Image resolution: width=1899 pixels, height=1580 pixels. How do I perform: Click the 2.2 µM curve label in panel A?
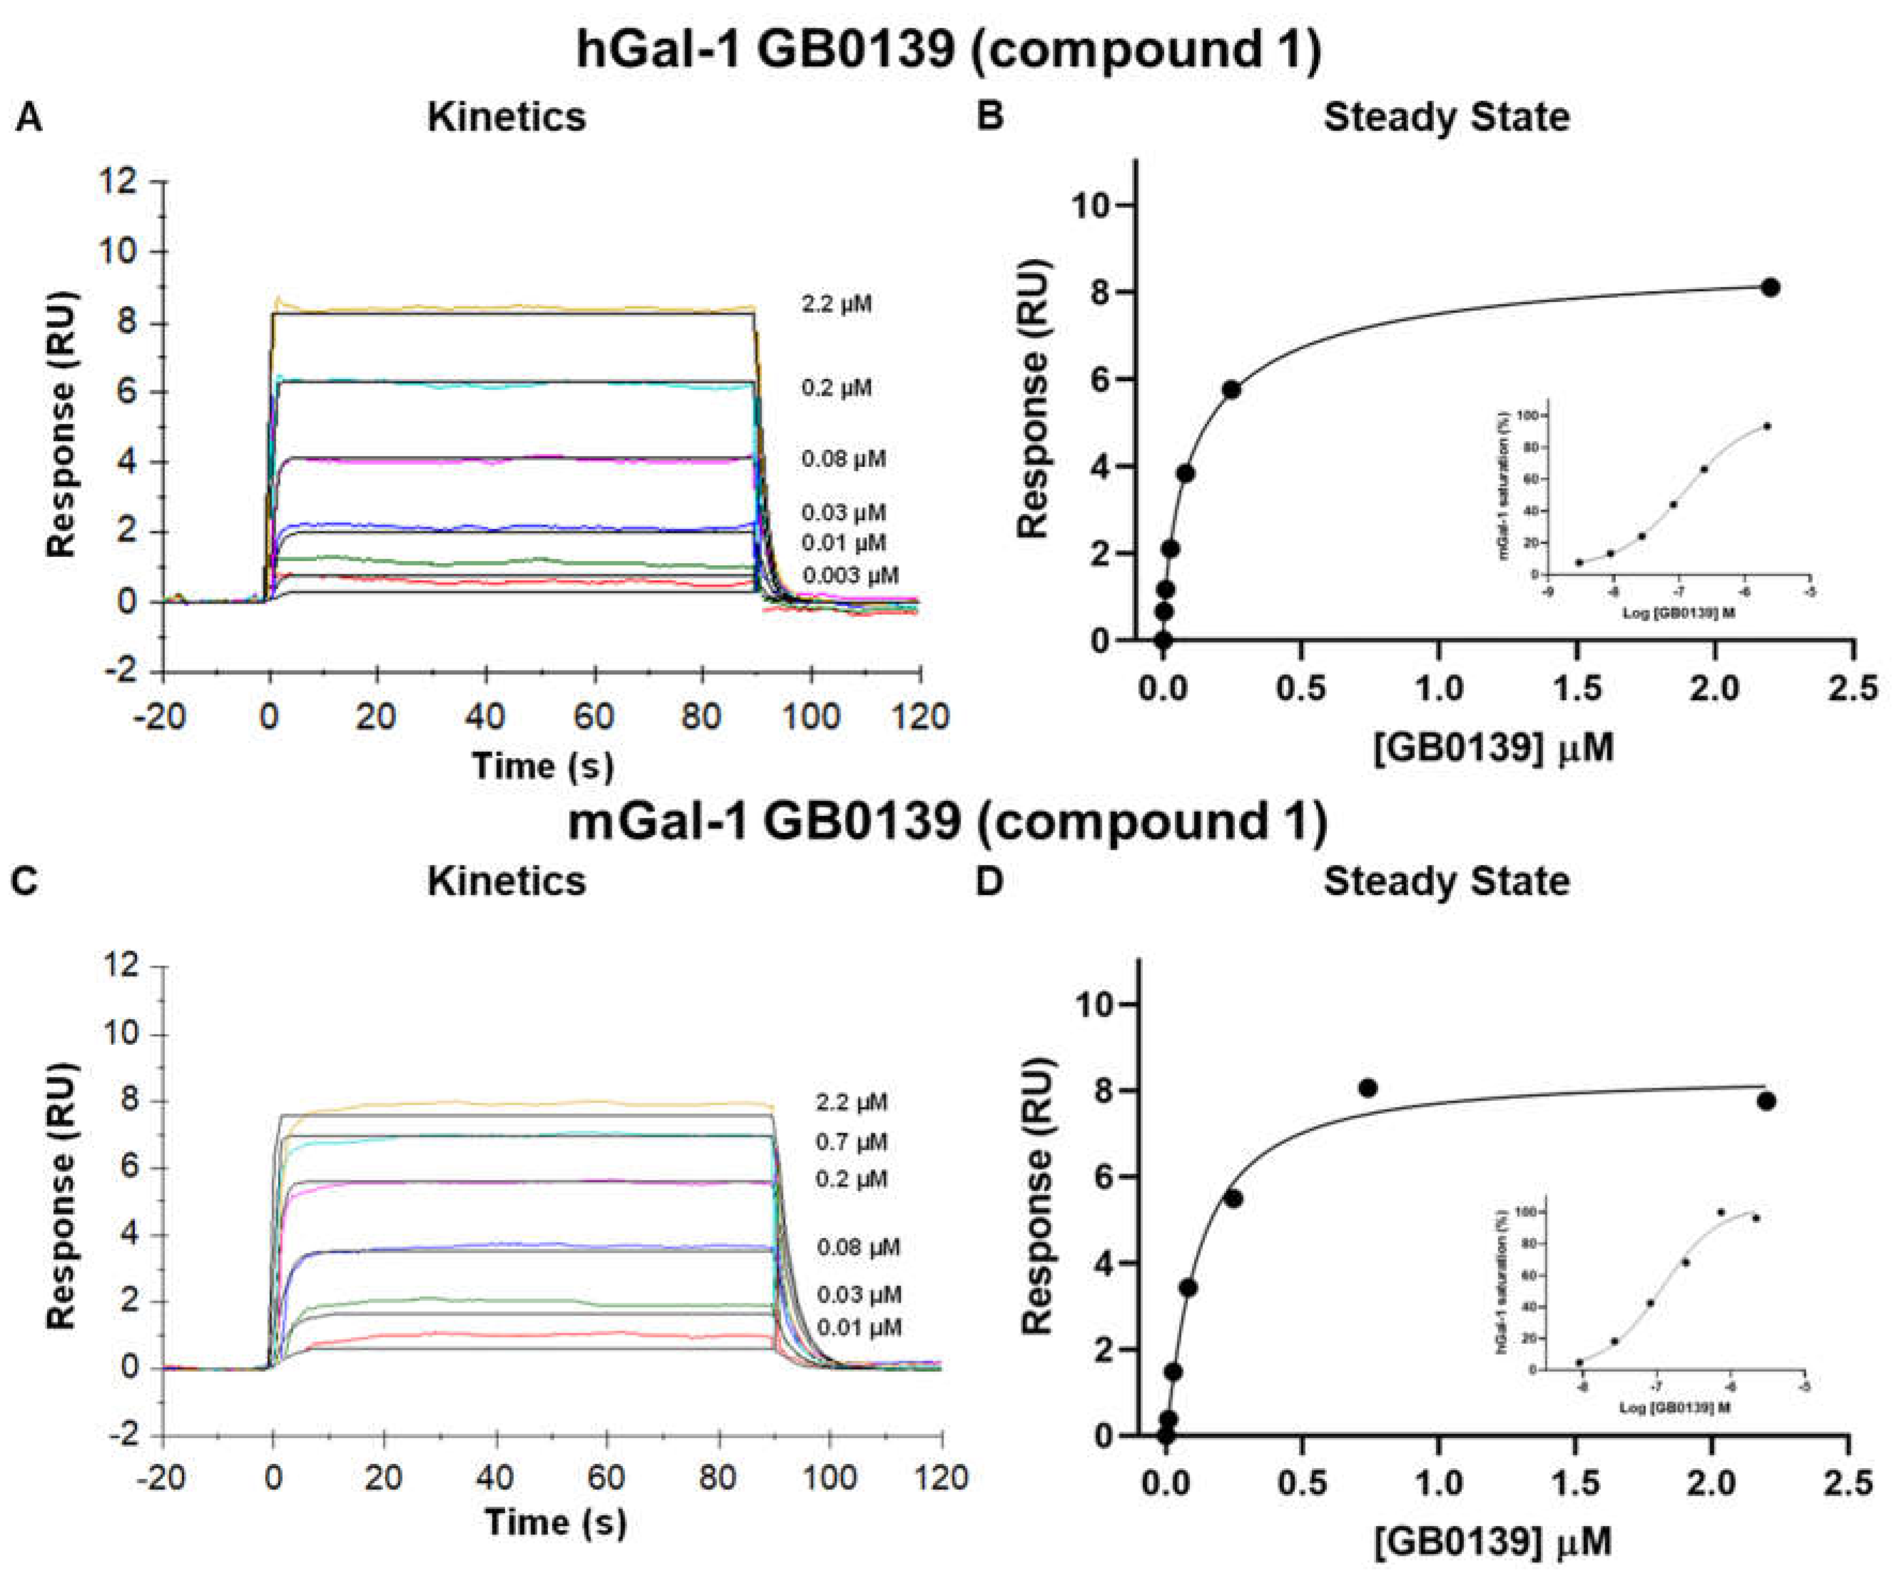837,304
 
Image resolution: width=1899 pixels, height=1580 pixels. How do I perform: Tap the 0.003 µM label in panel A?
850,576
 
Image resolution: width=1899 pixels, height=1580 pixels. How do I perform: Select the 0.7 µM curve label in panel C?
851,1142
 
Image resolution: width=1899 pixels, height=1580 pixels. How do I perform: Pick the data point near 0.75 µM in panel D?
1368,1088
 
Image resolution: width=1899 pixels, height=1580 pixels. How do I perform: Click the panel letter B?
990,117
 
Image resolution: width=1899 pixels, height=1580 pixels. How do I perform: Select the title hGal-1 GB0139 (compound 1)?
948,49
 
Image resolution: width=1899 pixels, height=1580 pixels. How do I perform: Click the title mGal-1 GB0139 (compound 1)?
948,821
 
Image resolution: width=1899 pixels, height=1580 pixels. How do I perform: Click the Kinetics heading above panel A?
506,117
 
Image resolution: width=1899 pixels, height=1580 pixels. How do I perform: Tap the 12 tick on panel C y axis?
121,966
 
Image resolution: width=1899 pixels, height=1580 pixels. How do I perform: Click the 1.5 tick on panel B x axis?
1577,689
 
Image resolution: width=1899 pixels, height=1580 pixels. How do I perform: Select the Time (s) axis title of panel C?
555,1522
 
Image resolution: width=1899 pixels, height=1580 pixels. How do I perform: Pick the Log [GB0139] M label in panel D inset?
1675,1408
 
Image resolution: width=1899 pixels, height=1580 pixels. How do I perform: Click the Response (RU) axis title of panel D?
1036,1196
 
